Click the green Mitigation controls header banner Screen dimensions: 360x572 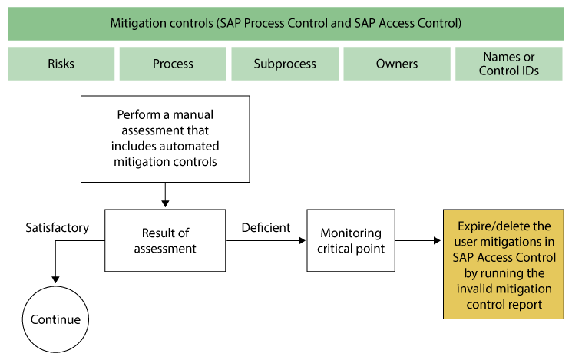286,22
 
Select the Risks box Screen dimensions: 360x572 61,64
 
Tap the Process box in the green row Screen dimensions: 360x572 173,64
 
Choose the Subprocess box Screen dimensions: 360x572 285,64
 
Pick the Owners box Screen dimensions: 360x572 397,64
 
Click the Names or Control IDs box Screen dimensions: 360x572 508,64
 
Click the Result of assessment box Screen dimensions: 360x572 165,240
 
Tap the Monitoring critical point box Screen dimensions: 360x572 351,240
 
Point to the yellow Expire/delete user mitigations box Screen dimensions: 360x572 504,263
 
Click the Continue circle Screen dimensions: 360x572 55,319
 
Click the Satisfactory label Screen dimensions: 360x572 57,228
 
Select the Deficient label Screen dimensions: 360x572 266,228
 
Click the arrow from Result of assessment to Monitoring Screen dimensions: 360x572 266,241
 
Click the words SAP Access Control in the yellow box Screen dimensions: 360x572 504,256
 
